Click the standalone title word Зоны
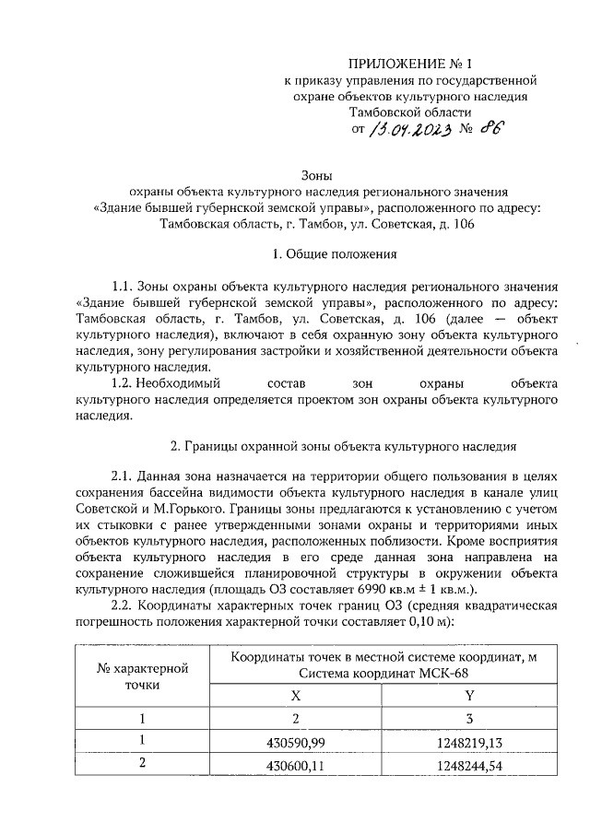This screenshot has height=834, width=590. coord(317,176)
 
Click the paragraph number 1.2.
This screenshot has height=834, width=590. coord(124,383)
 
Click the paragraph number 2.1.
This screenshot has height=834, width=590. coord(124,477)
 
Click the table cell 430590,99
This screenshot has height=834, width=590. coord(296,743)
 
